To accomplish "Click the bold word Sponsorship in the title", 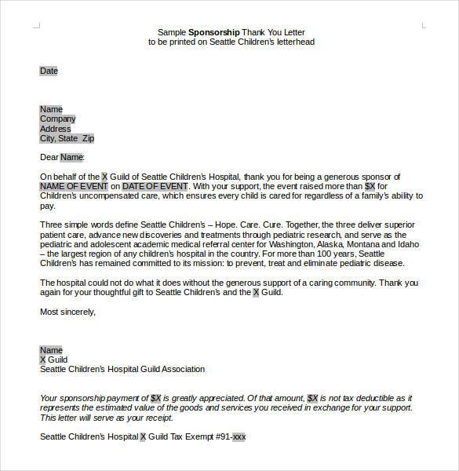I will pyautogui.click(x=214, y=32).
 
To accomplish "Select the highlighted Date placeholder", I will pyautogui.click(x=49, y=71).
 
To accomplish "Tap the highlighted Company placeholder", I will pyautogui.click(x=57, y=119).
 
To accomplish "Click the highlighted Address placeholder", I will pyautogui.click(x=55, y=129).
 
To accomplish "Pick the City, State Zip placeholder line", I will pyautogui.click(x=67, y=138).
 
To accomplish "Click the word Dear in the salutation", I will pyautogui.click(x=48, y=157).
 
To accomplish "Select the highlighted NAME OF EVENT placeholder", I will pyautogui.click(x=74, y=187).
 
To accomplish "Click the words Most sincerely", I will pyautogui.click(x=67, y=312).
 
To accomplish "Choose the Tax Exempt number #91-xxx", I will pyautogui.click(x=228, y=436).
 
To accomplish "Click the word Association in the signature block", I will pyautogui.click(x=181, y=369).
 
